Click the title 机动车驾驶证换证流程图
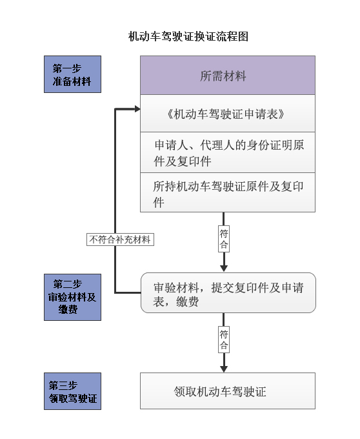[x=188, y=36]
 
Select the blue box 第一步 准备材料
[x=72, y=74]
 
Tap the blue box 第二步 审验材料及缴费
[x=72, y=297]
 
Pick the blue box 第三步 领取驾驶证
[x=72, y=391]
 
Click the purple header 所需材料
[x=228, y=76]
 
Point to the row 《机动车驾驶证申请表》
[x=228, y=114]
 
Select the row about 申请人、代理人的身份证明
[x=228, y=152]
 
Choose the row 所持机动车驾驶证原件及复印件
[x=228, y=192]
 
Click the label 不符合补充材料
[x=120, y=240]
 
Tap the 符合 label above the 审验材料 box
[x=224, y=239]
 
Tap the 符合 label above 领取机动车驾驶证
[x=224, y=340]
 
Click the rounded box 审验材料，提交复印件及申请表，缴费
[x=228, y=292]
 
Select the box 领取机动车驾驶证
[x=228, y=391]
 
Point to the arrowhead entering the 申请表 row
[x=137, y=109]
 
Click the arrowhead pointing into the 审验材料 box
[x=224, y=268]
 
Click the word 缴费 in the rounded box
[x=187, y=302]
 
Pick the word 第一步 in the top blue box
[x=67, y=68]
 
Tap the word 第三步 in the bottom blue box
[x=63, y=385]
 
